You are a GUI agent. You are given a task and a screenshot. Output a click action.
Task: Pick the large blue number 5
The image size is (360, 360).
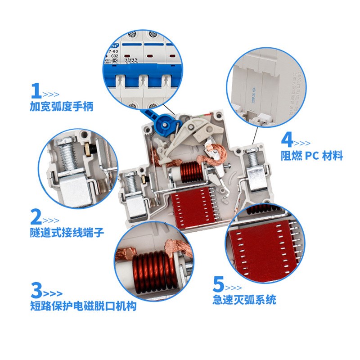[x=218, y=284]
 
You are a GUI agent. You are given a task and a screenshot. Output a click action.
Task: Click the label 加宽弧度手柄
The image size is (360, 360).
[x=62, y=108]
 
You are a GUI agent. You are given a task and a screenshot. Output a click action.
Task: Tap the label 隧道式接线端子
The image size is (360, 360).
[x=67, y=233]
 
